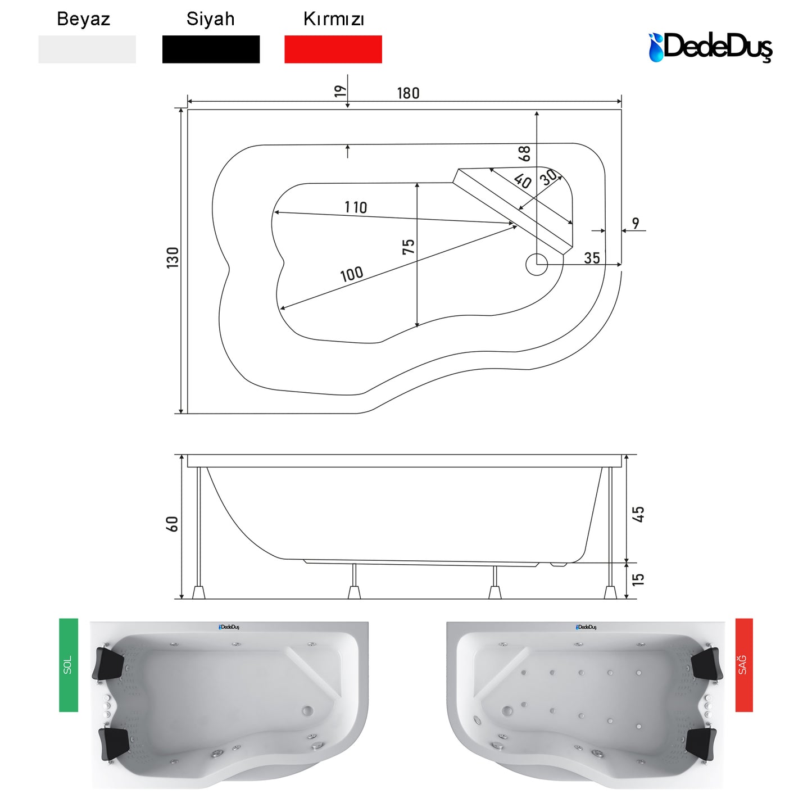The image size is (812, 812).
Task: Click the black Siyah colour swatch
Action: [211, 49]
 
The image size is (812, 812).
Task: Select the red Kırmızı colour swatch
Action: [333, 49]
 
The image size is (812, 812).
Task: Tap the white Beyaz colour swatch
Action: [87, 49]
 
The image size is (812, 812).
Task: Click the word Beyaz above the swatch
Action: [83, 19]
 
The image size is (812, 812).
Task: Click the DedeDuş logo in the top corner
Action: [710, 48]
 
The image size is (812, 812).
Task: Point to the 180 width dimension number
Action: [408, 93]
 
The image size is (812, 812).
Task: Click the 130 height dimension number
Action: [173, 257]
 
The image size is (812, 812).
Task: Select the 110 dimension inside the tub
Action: [356, 207]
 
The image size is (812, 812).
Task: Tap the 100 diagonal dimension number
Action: [351, 274]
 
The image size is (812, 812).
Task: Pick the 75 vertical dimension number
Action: [409, 247]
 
